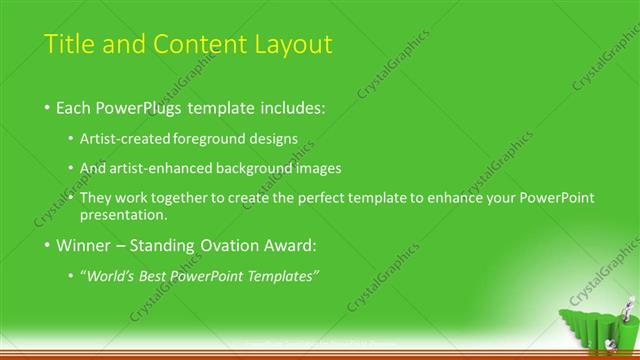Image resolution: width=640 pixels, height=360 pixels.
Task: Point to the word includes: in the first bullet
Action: (292, 106)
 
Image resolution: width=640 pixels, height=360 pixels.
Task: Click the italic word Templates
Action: (286, 276)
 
